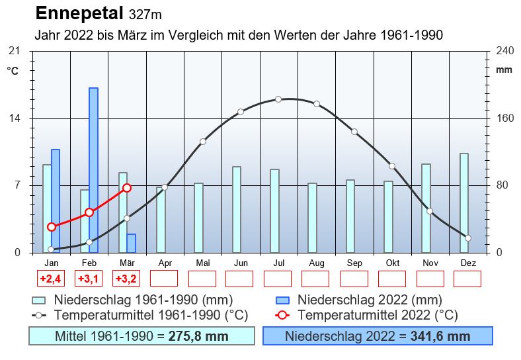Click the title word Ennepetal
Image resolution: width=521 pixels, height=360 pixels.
(79, 13)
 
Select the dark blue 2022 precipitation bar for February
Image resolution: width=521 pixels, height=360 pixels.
(94, 169)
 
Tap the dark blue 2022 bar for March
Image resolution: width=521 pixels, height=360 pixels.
(132, 243)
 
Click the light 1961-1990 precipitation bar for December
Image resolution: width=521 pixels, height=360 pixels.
(464, 202)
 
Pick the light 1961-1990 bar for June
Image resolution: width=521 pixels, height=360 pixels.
(237, 209)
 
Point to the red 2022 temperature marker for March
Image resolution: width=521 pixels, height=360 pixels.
(127, 188)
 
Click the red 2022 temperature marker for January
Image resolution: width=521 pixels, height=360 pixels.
(52, 226)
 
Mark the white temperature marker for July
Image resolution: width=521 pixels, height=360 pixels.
(278, 99)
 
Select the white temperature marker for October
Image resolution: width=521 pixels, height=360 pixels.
(392, 166)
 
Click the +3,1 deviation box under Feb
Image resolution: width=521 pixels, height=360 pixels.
(89, 279)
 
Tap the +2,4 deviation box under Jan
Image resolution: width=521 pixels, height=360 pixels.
(51, 279)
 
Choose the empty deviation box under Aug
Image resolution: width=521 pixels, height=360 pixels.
(315, 279)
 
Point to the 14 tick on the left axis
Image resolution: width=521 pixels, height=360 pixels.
(14, 118)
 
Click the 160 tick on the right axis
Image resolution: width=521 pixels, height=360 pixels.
(504, 118)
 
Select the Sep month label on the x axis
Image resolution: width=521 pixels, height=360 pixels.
(354, 263)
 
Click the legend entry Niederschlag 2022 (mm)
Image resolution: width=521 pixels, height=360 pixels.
(369, 300)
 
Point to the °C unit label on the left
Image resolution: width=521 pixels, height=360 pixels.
(13, 71)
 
